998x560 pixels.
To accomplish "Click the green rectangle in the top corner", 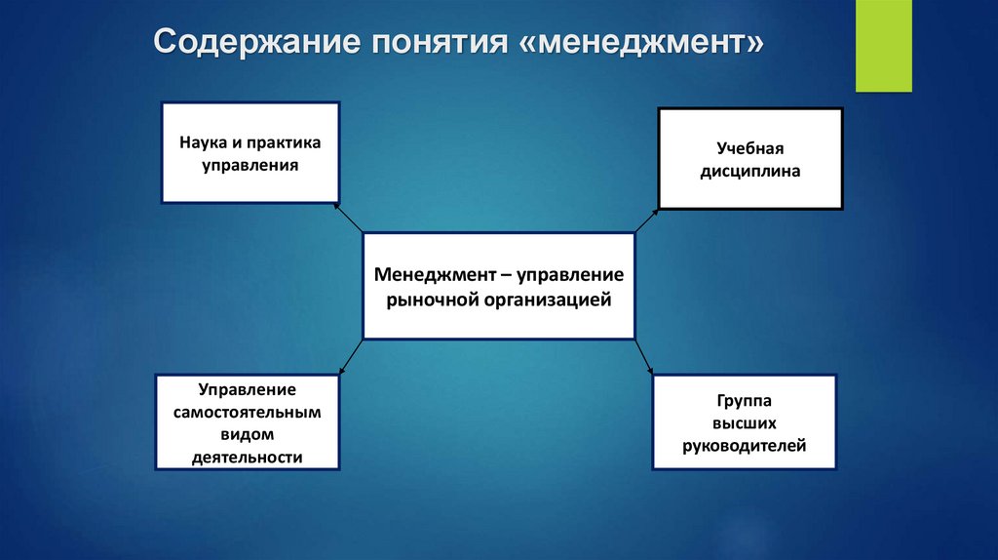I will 883,46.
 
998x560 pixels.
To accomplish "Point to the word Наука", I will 200,143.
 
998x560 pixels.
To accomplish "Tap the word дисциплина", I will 751,171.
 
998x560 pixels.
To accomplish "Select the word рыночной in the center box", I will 430,300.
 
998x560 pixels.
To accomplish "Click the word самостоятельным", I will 248,412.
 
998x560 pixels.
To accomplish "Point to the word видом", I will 248,434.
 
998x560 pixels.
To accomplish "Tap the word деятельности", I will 248,457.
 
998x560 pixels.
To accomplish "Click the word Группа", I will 744,401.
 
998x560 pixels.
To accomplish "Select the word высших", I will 744,423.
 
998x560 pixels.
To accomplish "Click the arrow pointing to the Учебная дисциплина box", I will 645,220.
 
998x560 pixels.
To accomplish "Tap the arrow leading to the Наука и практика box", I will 348,218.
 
